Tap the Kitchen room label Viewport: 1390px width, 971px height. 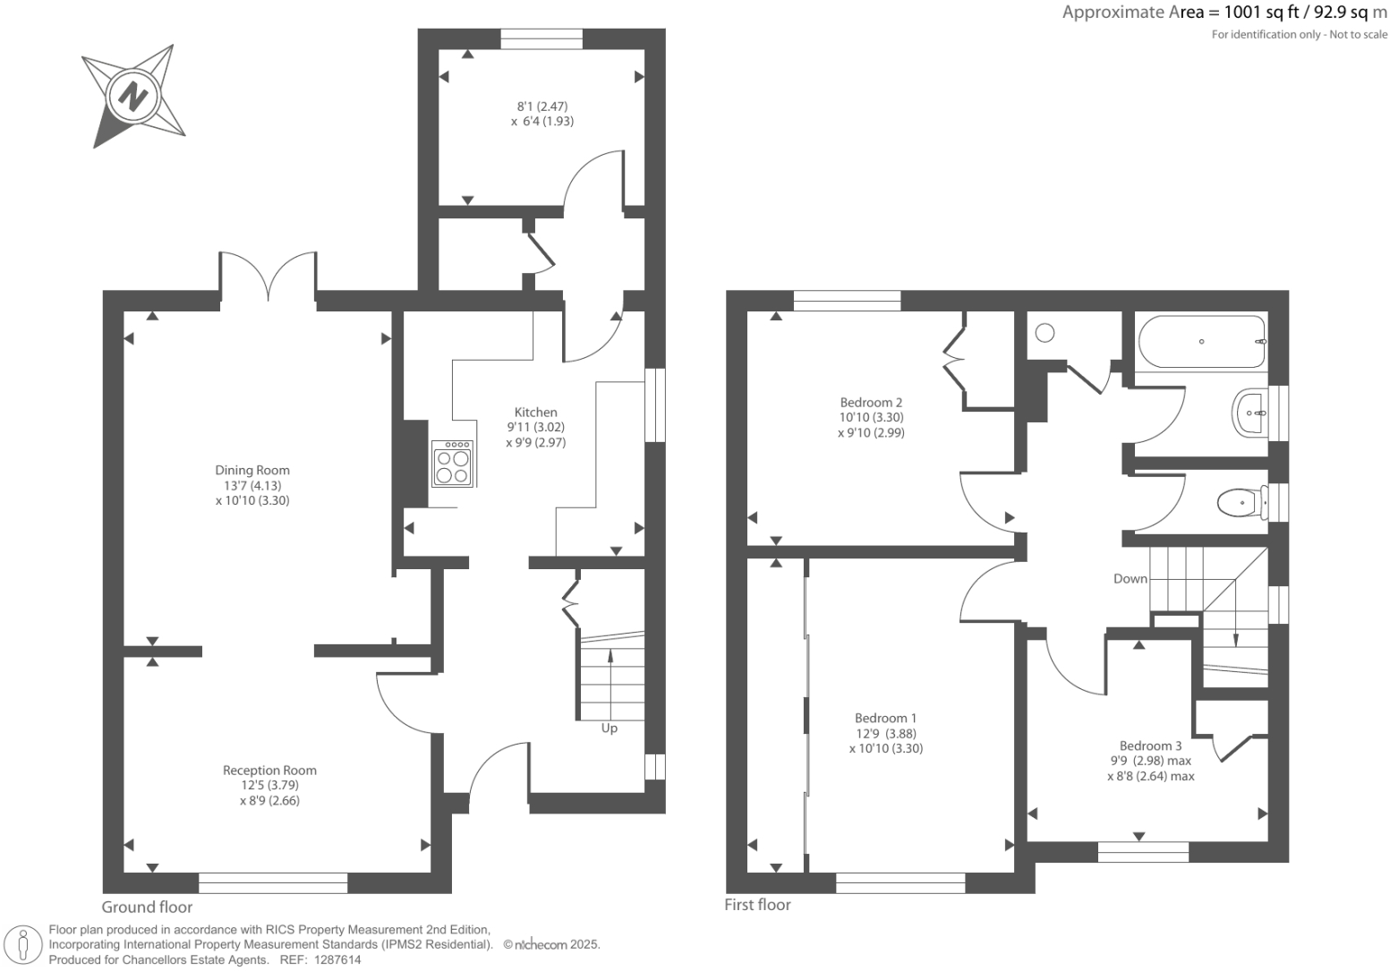[x=535, y=413]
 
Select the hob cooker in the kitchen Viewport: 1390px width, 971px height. [x=452, y=464]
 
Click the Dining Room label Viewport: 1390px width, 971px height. [x=252, y=470]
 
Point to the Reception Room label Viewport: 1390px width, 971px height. [x=269, y=771]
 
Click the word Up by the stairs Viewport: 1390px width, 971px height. [x=609, y=728]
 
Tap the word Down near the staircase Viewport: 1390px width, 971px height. [x=1130, y=579]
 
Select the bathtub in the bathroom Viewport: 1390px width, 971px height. [x=1201, y=341]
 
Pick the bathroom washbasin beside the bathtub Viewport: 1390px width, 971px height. [x=1249, y=413]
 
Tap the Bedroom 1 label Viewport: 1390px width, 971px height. [x=885, y=719]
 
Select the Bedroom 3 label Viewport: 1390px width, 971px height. [x=1150, y=746]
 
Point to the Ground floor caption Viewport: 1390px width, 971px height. [x=147, y=907]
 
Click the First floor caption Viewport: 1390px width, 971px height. [x=757, y=905]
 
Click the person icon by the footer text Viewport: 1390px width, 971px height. [x=24, y=945]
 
